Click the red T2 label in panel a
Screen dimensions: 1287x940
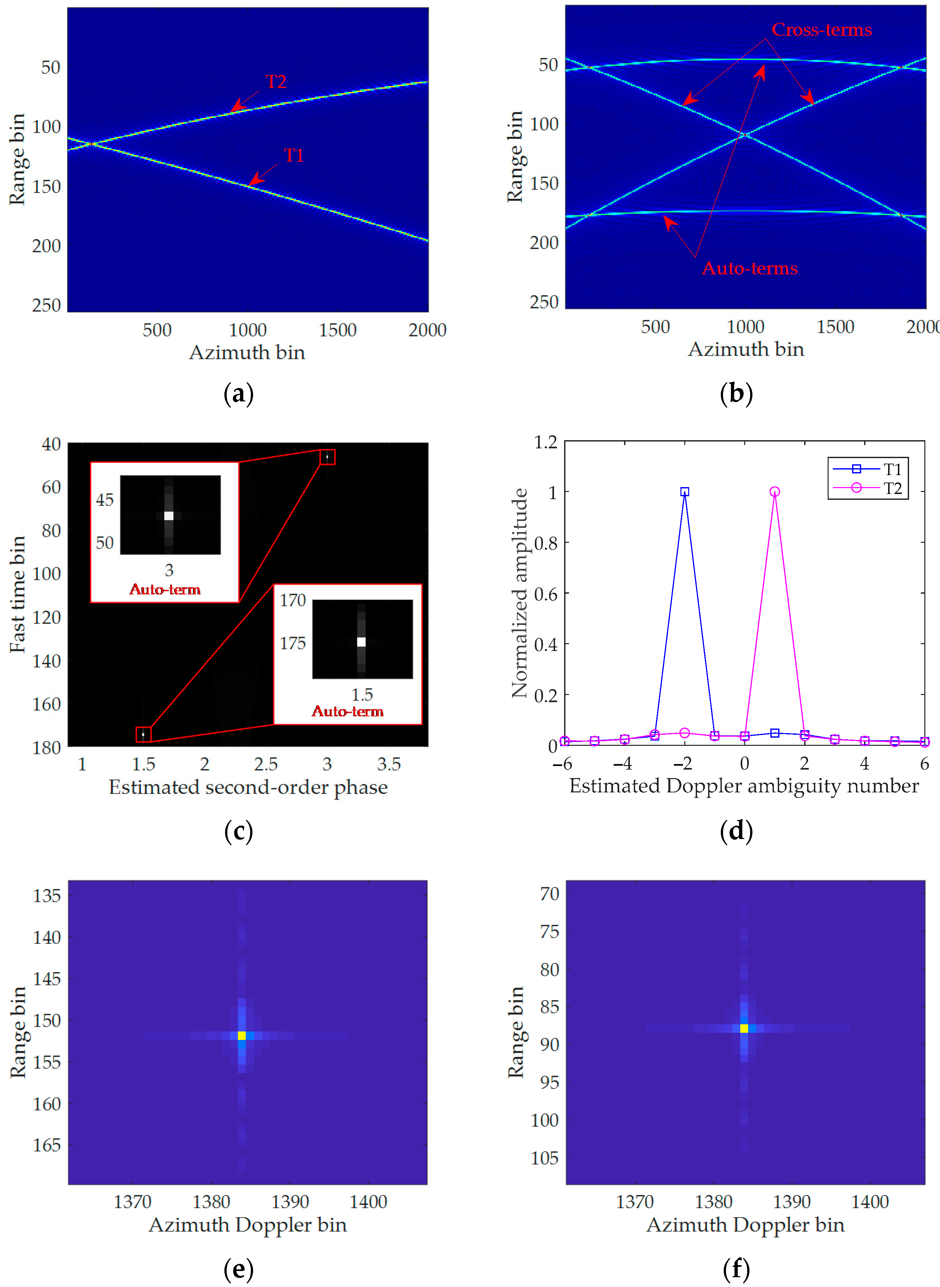(x=276, y=82)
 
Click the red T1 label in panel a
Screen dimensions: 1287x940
(x=293, y=155)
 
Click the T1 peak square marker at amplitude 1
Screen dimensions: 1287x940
(x=685, y=492)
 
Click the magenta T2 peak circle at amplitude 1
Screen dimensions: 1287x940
(x=775, y=492)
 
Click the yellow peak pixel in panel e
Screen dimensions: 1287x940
(x=241, y=1035)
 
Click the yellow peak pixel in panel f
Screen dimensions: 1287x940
(x=744, y=1028)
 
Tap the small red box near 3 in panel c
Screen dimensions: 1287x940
(x=327, y=457)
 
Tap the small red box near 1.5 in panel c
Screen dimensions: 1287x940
(x=143, y=735)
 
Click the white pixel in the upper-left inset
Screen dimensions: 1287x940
(x=168, y=516)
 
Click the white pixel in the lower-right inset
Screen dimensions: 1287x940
(x=361, y=642)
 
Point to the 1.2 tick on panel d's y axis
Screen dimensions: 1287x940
(x=545, y=442)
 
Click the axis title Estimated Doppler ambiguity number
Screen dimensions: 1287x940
(x=744, y=786)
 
